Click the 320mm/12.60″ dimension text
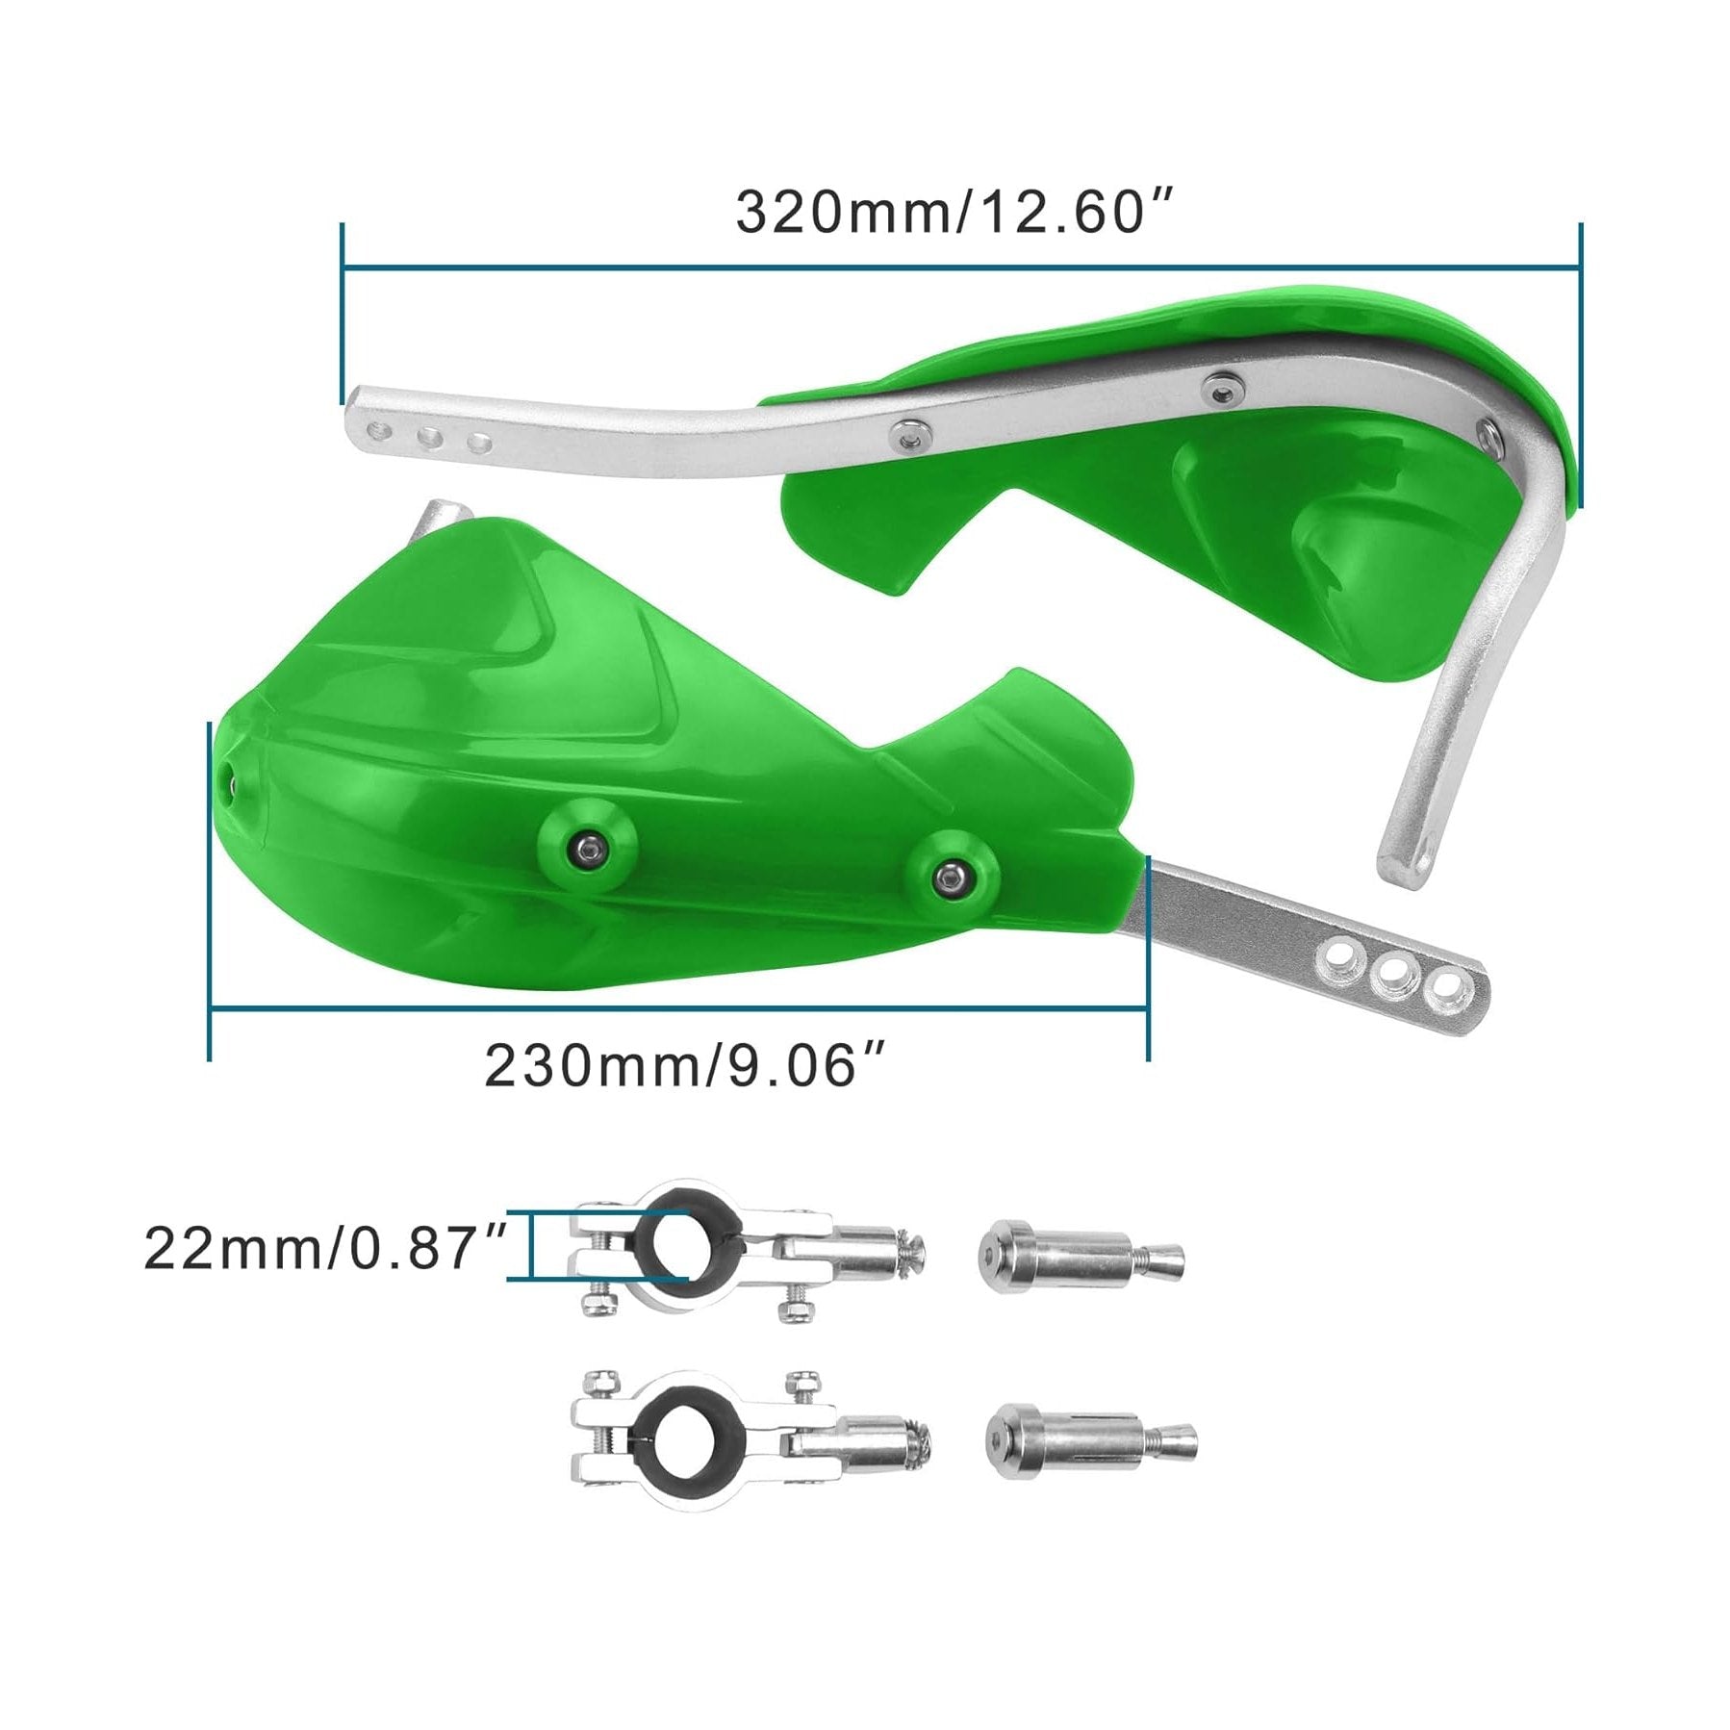tap(954, 213)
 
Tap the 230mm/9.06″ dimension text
tap(684, 1065)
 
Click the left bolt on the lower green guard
tap(586, 846)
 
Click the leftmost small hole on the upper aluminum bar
tap(384, 429)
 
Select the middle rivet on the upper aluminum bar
tap(1222, 388)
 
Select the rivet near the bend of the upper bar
tap(1489, 432)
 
